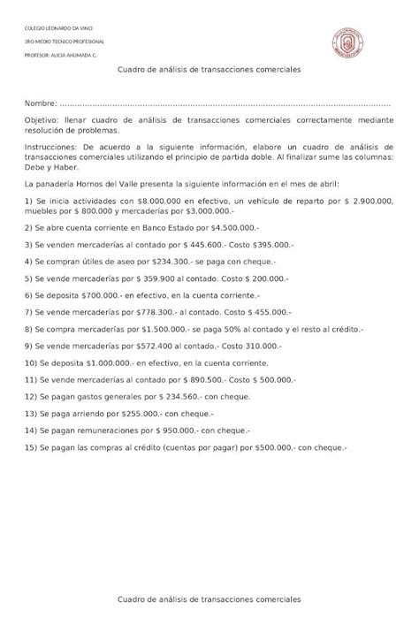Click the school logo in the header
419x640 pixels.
click(x=348, y=44)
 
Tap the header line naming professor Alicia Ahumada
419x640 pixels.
click(x=61, y=56)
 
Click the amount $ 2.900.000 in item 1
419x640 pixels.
click(x=371, y=201)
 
